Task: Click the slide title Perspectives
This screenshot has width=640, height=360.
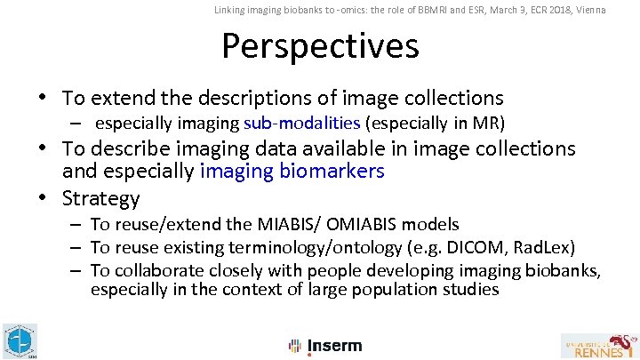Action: [x=319, y=46]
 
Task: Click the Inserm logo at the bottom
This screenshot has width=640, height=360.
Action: [x=325, y=346]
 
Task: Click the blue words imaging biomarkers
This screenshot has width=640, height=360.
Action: [x=292, y=171]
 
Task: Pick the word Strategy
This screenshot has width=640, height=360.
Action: [x=101, y=197]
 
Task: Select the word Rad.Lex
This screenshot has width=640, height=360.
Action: [x=544, y=246]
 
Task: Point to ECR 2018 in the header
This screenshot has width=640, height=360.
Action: [x=534, y=10]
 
